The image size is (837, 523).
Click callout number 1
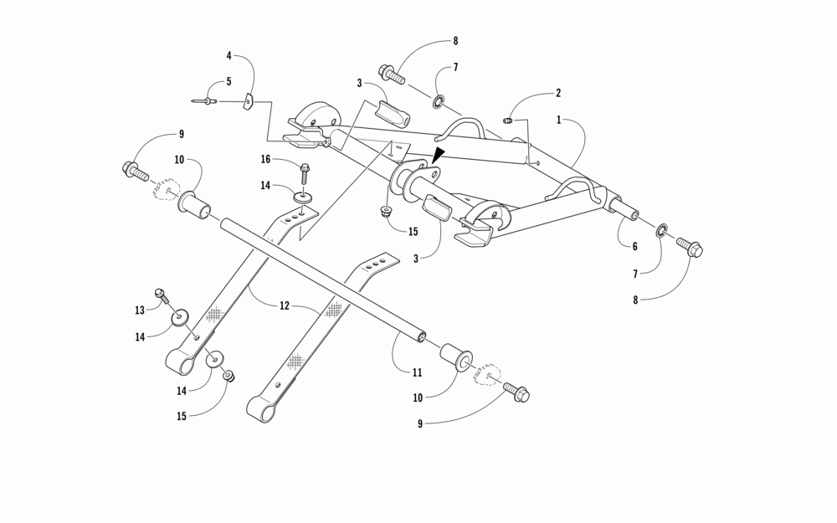coord(559,120)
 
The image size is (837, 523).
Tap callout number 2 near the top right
coord(558,93)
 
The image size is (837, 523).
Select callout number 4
coord(229,56)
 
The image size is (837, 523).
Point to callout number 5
coord(228,82)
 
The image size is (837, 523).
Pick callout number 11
coord(417,372)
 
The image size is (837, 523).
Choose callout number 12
coord(285,306)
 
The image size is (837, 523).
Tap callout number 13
coord(140,310)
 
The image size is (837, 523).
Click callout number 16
coord(265,158)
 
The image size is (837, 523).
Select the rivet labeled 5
coord(204,102)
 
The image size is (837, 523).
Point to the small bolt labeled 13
coord(161,295)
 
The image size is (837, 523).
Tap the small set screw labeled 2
coord(508,121)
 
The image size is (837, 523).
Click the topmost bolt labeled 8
coord(392,74)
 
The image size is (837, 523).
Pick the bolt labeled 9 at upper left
coord(136,171)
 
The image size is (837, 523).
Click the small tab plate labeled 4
coord(248,102)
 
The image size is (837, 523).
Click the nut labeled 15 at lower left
coord(228,377)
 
